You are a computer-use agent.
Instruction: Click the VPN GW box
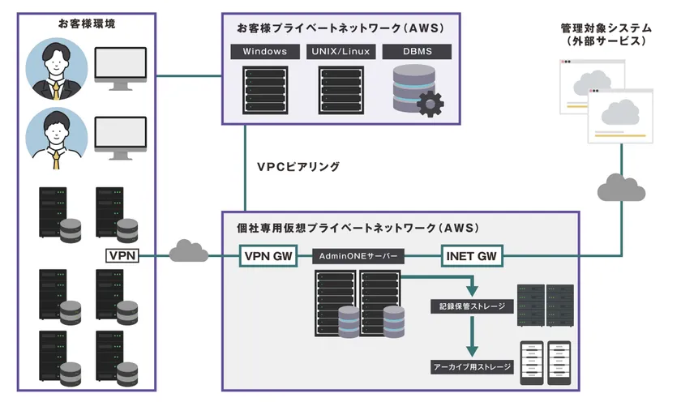point(269,256)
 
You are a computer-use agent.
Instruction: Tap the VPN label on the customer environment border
point(123,256)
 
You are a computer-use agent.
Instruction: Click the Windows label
point(265,52)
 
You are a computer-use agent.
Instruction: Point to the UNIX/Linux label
point(340,52)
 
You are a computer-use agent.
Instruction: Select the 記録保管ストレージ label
point(472,306)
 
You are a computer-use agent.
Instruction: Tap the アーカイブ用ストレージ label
point(472,367)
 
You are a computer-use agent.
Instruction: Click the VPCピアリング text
point(298,166)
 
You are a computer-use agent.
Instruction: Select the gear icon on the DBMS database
point(429,103)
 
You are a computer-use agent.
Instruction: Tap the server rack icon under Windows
point(265,90)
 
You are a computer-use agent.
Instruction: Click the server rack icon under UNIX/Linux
point(340,90)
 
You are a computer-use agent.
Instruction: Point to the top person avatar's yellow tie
point(55,90)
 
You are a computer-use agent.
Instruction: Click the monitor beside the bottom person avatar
point(121,136)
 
